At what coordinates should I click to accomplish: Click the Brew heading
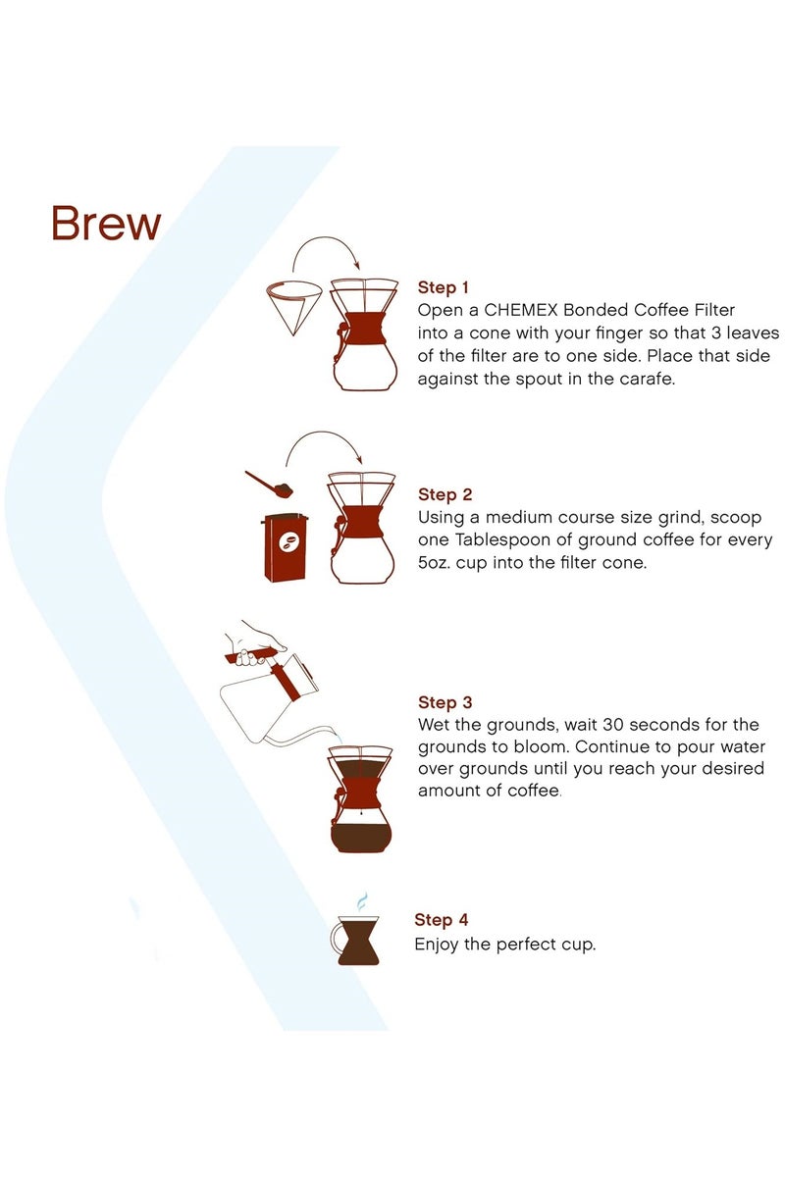[106, 224]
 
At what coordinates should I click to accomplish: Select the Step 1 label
[444, 287]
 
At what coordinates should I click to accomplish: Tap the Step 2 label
[445, 495]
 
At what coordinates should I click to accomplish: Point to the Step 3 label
[445, 703]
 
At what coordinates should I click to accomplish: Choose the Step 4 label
[441, 920]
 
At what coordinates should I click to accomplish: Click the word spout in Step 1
[559, 379]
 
